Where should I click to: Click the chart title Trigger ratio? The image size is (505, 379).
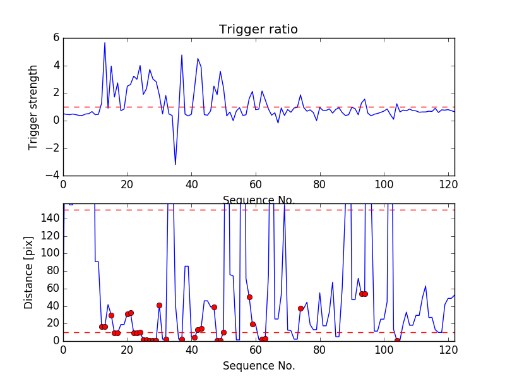coord(258,30)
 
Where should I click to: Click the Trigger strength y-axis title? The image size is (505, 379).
coord(33,107)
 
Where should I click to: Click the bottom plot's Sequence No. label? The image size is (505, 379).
coord(258,366)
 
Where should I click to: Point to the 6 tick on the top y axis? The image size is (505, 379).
coord(56,38)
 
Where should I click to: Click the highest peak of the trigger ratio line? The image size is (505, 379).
coord(105,43)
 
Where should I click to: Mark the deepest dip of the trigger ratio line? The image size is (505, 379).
coord(175,164)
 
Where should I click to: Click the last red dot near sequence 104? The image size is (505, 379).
coord(397,340)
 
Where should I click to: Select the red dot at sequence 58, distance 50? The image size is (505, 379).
coord(249,297)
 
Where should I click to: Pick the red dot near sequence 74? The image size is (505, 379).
coord(300,308)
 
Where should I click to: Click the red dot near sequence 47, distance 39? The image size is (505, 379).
coord(214,307)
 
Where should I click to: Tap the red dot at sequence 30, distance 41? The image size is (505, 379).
coord(159,305)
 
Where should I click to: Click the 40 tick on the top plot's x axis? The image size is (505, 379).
coord(191,185)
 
